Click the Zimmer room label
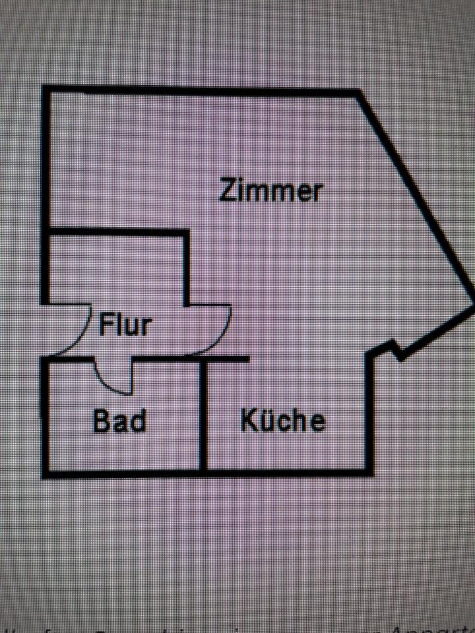coord(271,191)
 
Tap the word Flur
coord(125,325)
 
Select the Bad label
coord(119,420)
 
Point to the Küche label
coord(283,420)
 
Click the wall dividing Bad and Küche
coord(204,415)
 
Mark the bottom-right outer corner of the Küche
coord(369,471)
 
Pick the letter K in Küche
coord(249,420)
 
